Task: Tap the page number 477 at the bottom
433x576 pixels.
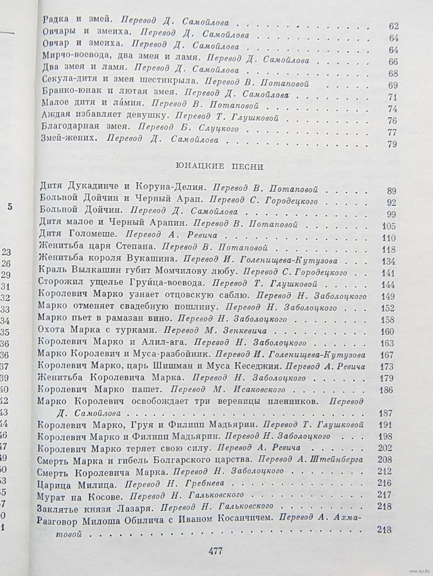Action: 215,551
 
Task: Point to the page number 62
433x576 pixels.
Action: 393,26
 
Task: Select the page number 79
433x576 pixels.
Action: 393,145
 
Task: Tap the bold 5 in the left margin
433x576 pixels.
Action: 10,207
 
